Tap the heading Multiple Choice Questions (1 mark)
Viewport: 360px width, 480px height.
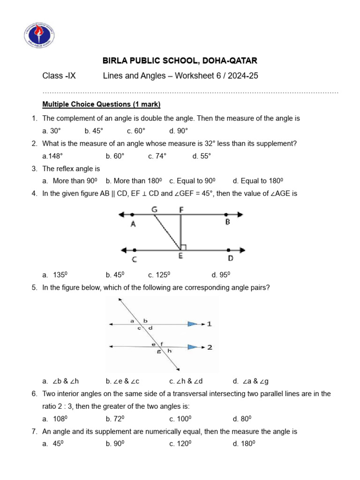[101, 104]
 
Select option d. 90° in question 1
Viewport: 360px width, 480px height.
[179, 131]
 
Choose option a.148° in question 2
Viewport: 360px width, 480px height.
[52, 156]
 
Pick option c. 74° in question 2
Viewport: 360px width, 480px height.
[157, 156]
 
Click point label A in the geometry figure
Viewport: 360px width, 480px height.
[133, 225]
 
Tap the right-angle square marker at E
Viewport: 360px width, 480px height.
[184, 247]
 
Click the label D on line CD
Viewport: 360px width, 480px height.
[230, 258]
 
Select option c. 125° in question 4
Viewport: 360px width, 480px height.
[158, 275]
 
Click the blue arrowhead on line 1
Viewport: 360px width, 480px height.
[192, 323]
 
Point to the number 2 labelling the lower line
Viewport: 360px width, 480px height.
[210, 347]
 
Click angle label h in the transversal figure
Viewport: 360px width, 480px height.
[169, 351]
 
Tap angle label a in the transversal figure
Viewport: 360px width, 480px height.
[133, 321]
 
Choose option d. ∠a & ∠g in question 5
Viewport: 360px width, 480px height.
[251, 381]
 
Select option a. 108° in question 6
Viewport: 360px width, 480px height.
[52, 419]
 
